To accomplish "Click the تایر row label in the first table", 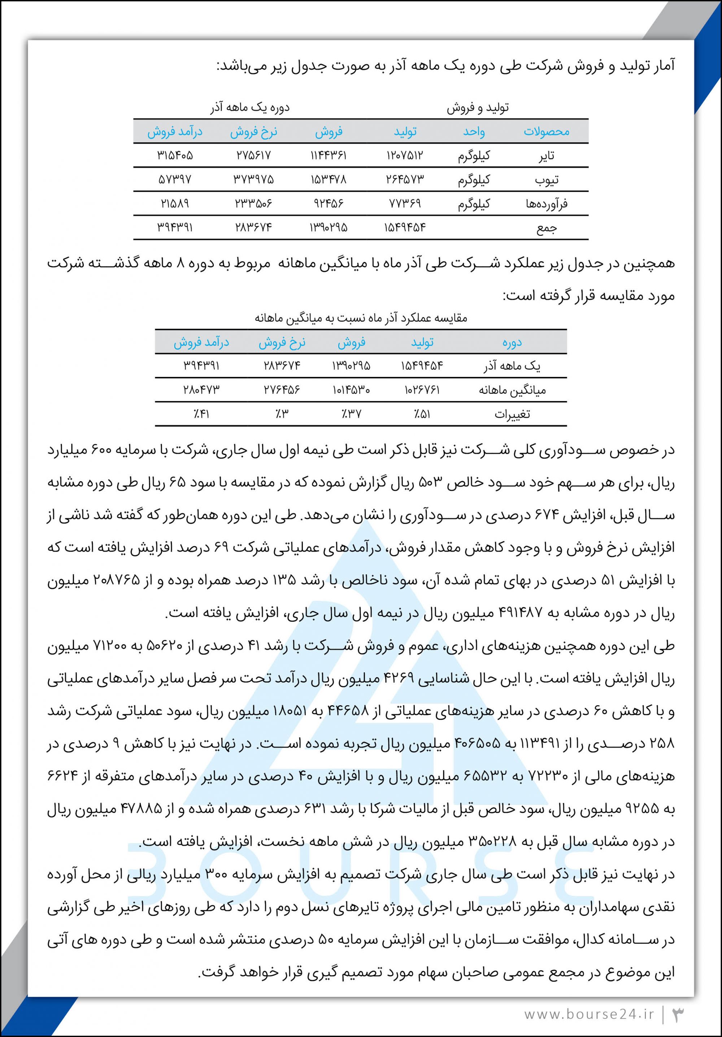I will (x=546, y=156).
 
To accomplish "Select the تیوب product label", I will (x=546, y=180).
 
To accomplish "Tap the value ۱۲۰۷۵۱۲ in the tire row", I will (x=405, y=155).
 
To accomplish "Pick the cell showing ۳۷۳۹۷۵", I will (x=253, y=179).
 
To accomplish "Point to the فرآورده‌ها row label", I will (x=546, y=204).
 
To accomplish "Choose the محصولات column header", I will (x=546, y=132).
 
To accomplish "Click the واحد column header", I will (x=474, y=132).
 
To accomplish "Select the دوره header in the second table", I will (x=512, y=342).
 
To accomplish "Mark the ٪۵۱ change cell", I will (x=422, y=414).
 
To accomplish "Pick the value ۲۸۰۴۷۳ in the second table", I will (x=201, y=389).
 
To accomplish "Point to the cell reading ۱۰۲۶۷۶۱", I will (x=422, y=389).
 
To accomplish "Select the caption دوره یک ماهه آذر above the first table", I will (x=250, y=108).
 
